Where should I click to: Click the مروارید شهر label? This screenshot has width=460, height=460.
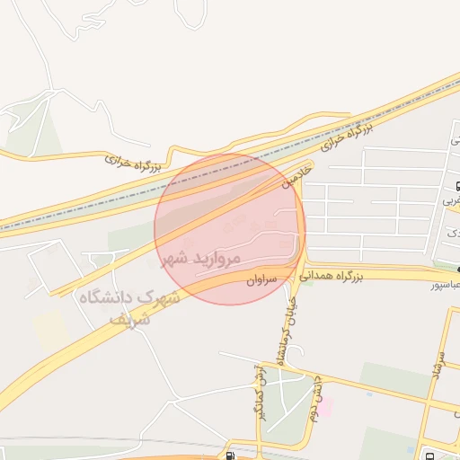tap(202, 259)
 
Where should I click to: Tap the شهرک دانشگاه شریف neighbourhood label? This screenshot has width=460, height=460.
tap(128, 305)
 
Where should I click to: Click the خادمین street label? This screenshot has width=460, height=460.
tap(299, 173)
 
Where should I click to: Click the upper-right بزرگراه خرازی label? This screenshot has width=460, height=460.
tap(346, 137)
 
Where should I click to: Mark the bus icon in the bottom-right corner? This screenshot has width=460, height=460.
tap(428, 454)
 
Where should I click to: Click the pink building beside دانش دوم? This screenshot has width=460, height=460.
tap(325, 408)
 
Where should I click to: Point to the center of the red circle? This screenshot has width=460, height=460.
tap(230, 229)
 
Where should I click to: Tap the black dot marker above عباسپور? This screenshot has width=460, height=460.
tap(456, 268)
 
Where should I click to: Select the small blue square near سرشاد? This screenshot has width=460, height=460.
tap(369, 393)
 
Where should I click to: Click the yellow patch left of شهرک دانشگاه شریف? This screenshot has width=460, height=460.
tap(51, 331)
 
